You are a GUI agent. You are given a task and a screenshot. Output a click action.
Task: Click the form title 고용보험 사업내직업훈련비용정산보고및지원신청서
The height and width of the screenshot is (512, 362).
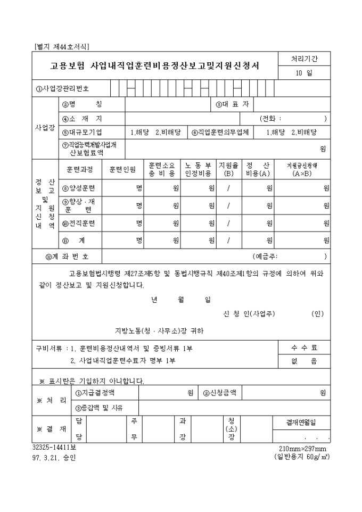pyautogui.click(x=154, y=66)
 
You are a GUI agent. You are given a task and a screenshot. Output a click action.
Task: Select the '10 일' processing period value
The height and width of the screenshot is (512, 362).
pyautogui.click(x=303, y=73)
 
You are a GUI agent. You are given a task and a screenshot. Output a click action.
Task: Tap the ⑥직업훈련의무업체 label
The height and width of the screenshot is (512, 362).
pyautogui.click(x=220, y=132)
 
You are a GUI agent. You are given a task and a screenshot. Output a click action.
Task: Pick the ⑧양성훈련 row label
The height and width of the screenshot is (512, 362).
pyautogui.click(x=80, y=187)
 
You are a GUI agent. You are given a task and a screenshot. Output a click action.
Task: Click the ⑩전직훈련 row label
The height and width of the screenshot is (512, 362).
pyautogui.click(x=80, y=223)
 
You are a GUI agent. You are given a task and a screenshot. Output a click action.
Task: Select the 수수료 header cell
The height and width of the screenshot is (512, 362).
pyautogui.click(x=303, y=348)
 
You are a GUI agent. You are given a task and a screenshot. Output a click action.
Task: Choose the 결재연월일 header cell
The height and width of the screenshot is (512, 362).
pyautogui.click(x=301, y=423)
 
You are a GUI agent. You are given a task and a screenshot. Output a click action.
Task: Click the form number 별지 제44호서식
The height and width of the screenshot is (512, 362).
pyautogui.click(x=62, y=47)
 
